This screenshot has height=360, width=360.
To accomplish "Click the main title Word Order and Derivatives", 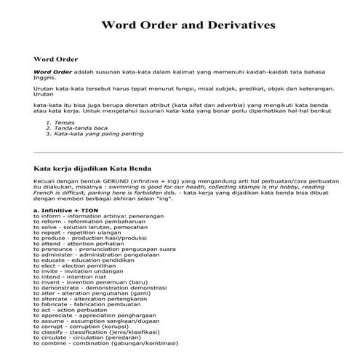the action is pos(188,25).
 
